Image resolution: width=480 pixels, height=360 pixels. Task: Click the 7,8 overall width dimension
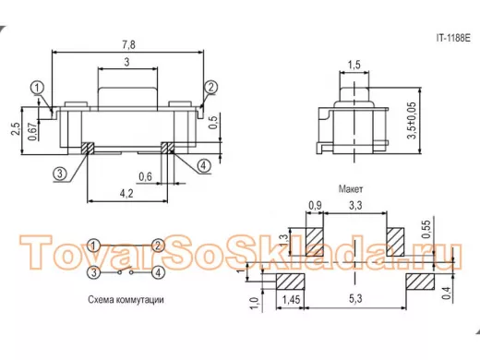click(128, 45)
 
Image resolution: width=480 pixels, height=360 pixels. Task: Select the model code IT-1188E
click(453, 38)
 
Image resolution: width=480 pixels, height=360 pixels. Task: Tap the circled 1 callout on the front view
click(37, 88)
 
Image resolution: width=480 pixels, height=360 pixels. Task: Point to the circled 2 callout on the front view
click(210, 88)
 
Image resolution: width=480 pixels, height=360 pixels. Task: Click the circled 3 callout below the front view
click(60, 174)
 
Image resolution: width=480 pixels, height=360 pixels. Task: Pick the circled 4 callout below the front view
click(203, 166)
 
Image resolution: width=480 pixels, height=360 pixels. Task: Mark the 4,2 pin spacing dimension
click(126, 194)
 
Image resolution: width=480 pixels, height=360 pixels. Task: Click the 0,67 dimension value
click(32, 130)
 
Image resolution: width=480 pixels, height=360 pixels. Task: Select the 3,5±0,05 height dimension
click(412, 121)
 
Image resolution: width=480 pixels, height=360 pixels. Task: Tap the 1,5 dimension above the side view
click(354, 65)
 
